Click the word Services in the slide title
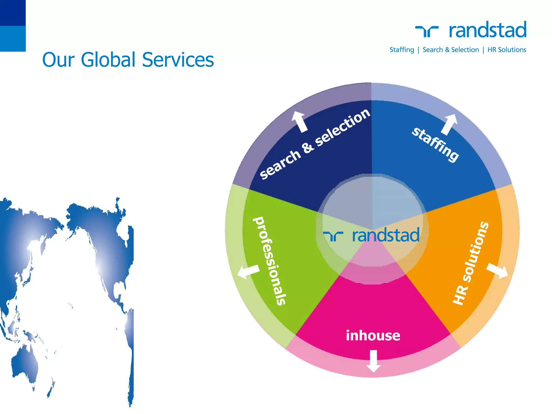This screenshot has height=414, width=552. [x=178, y=60]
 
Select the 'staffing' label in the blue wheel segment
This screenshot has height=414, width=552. [x=435, y=144]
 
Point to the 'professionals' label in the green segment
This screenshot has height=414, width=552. [x=270, y=261]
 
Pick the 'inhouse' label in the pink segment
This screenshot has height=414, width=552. [x=373, y=336]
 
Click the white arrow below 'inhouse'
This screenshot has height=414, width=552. [x=373, y=361]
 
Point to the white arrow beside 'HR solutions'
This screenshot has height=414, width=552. [x=498, y=271]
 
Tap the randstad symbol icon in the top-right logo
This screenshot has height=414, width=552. [x=427, y=31]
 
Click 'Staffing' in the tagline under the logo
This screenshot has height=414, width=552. [x=402, y=50]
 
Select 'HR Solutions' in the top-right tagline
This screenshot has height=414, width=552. [x=507, y=50]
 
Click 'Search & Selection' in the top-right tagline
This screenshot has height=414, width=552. [x=451, y=50]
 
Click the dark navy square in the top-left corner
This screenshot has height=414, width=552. [x=13, y=13]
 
